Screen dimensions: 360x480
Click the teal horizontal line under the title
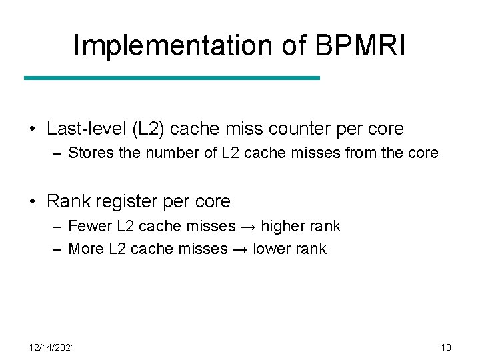point(172,78)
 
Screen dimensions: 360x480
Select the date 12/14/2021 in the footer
point(52,347)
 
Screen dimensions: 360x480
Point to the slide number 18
point(446,347)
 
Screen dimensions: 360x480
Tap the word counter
point(303,128)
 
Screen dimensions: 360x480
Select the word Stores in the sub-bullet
point(91,153)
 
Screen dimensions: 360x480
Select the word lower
point(271,249)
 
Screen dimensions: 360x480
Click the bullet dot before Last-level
point(33,129)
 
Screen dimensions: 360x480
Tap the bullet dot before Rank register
point(33,201)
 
